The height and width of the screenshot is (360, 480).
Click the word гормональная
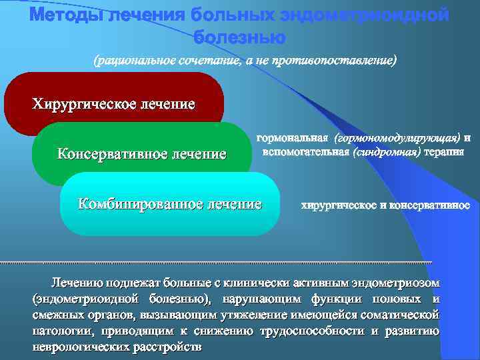tap(293, 138)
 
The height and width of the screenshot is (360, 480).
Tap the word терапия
tap(445, 152)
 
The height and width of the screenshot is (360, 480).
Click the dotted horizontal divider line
tap(220, 262)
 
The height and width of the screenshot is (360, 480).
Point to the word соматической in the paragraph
tap(403, 316)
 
